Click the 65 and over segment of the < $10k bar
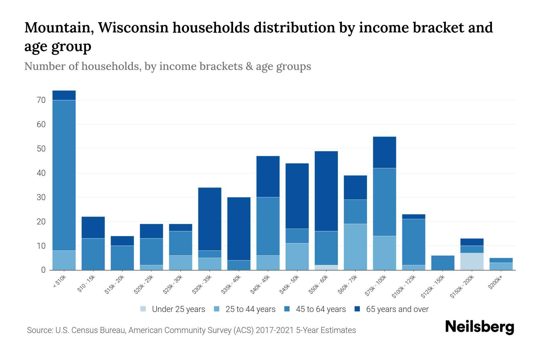coord(64,95)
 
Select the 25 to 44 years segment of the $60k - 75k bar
coord(355,247)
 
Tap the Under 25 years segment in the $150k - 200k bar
coord(472,261)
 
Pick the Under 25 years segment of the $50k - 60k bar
coord(326,267)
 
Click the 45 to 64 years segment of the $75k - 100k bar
coord(384,202)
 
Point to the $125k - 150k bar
coord(443,262)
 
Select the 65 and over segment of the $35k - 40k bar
coord(239,229)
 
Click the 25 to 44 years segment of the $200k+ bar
coord(501,266)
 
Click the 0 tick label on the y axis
coord(43,270)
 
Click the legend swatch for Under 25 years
coord(143,309)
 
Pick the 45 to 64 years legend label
coord(320,309)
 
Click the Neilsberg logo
coord(479,327)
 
